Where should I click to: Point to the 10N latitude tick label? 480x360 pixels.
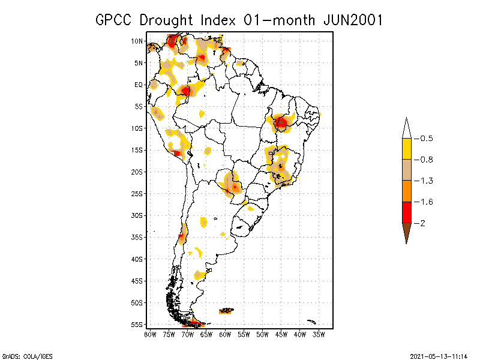pyautogui.click(x=137, y=41)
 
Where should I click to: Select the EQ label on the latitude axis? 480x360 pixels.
pyautogui.click(x=138, y=85)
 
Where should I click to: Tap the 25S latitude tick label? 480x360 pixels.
pyautogui.click(x=137, y=193)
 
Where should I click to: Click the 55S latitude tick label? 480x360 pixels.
pyautogui.click(x=137, y=324)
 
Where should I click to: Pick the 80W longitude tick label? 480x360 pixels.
pyautogui.click(x=150, y=334)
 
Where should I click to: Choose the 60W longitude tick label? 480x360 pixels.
pyautogui.click(x=226, y=334)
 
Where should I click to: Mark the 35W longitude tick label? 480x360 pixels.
pyautogui.click(x=319, y=334)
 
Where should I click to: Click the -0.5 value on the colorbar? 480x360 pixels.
pyautogui.click(x=425, y=139)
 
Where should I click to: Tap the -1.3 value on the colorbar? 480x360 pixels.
pyautogui.click(x=425, y=181)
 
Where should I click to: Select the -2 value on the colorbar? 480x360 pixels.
pyautogui.click(x=422, y=223)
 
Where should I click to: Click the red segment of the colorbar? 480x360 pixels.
pyautogui.click(x=406, y=212)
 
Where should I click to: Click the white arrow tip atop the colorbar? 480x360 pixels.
pyautogui.click(x=406, y=128)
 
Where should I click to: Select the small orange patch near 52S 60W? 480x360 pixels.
pyautogui.click(x=226, y=311)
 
